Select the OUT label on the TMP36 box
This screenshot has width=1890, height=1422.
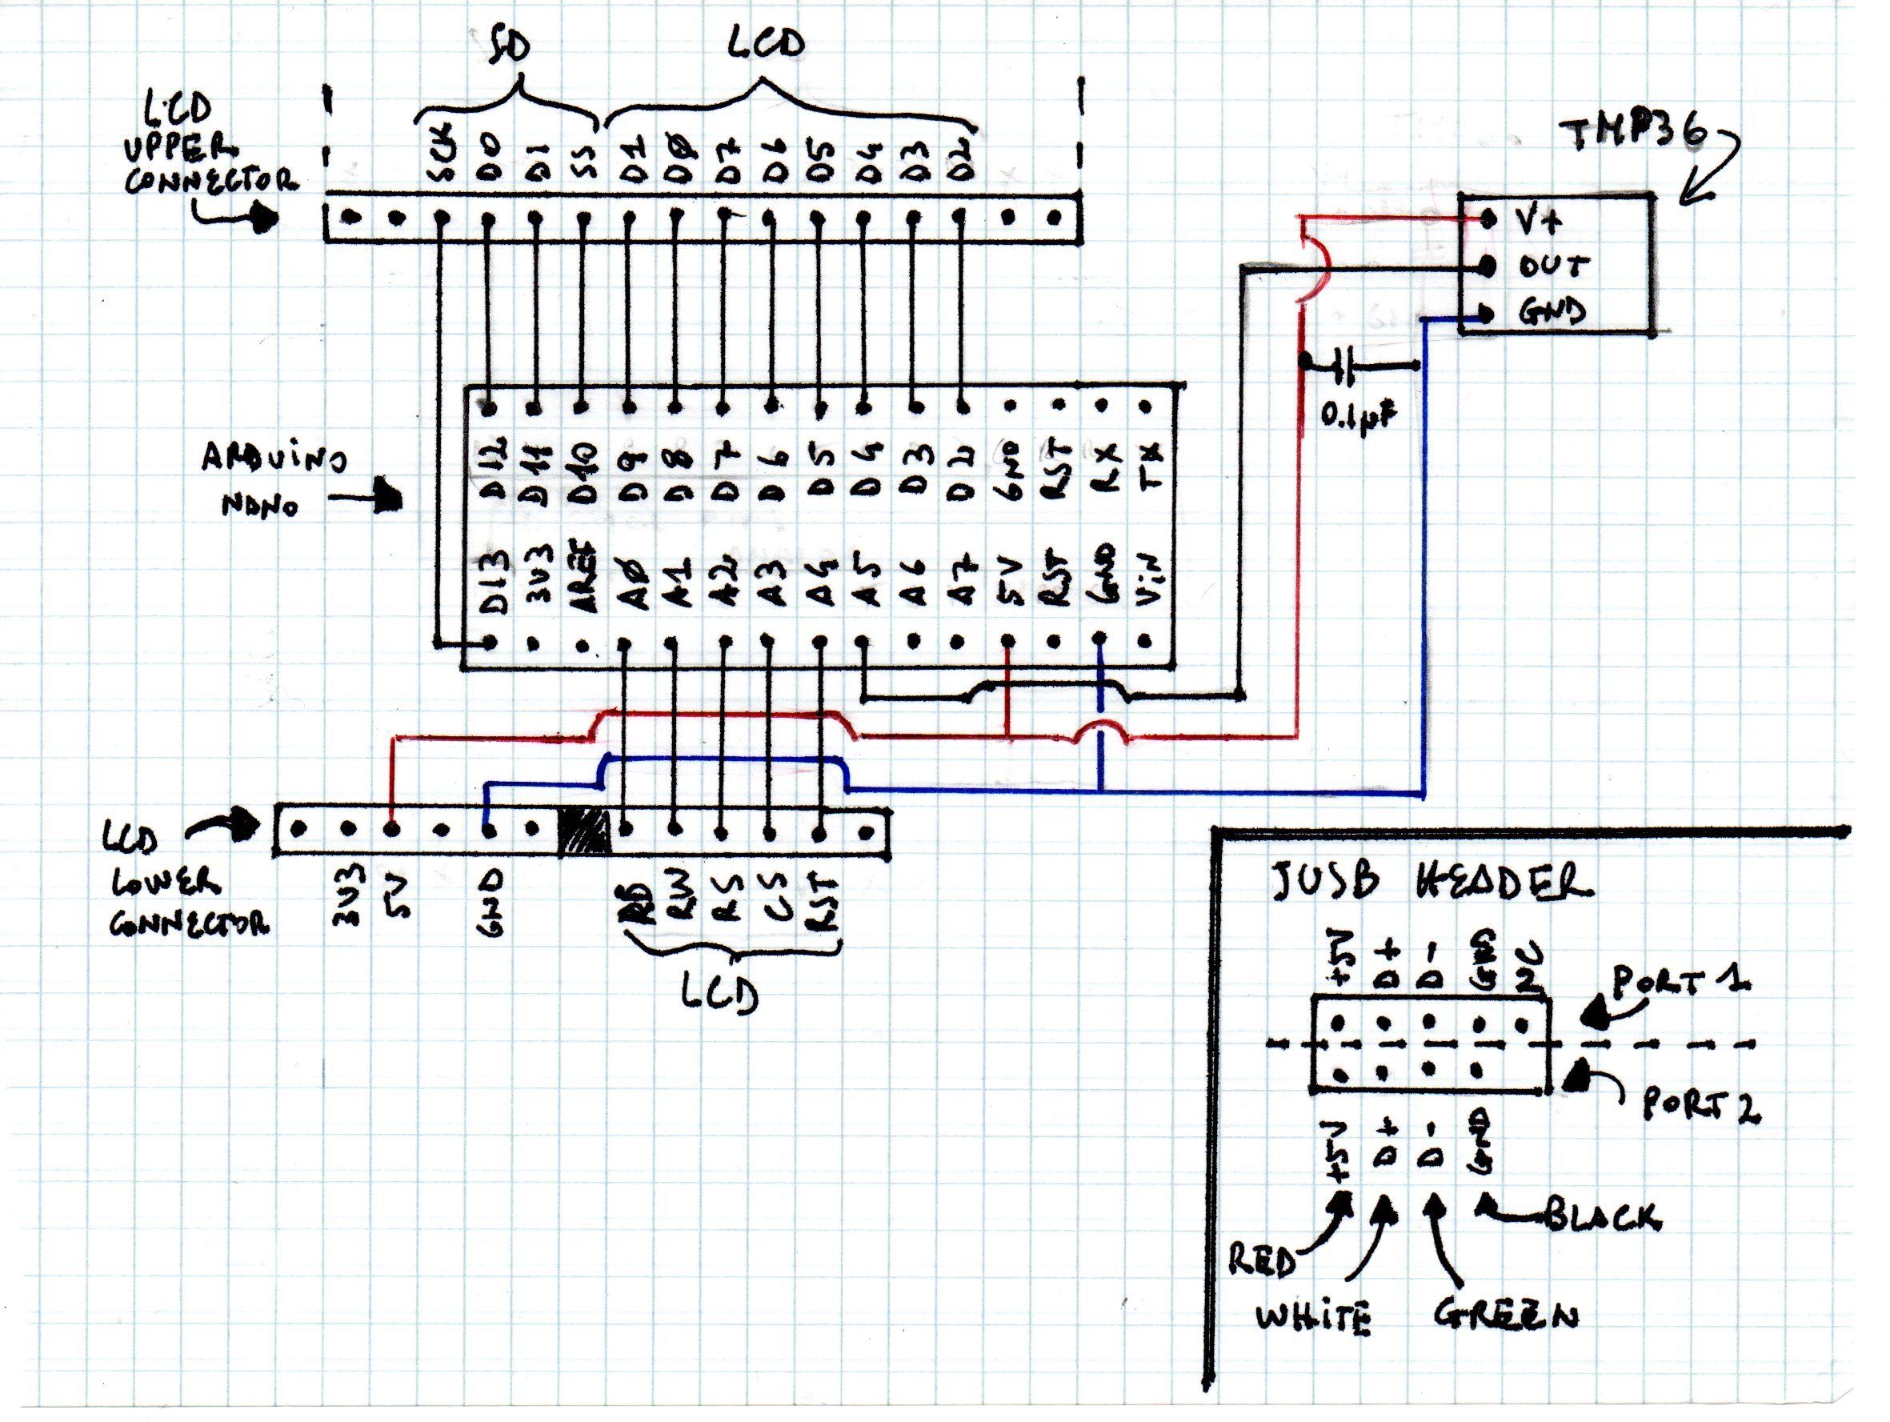coord(1553,266)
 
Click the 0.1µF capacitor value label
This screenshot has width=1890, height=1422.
coord(1360,416)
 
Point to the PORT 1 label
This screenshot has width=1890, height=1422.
coord(1680,986)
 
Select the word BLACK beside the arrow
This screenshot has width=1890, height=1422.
coord(1604,1216)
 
